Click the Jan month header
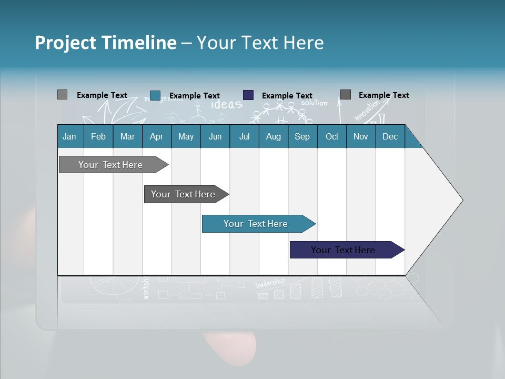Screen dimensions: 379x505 pyautogui.click(x=69, y=136)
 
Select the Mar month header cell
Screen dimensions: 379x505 pyautogui.click(x=127, y=136)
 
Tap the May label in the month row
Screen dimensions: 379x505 pyautogui.click(x=186, y=136)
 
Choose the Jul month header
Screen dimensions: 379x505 pyautogui.click(x=244, y=136)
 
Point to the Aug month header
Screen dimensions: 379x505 pyautogui.click(x=273, y=136)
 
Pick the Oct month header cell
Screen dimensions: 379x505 pyautogui.click(x=332, y=136)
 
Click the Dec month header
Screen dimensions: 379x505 pyautogui.click(x=390, y=136)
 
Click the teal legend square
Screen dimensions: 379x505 pyautogui.click(x=155, y=95)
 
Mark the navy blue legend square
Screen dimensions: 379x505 pyautogui.click(x=248, y=95)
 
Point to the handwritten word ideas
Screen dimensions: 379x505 pyautogui.click(x=227, y=104)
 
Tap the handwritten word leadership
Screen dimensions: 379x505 pyautogui.click(x=270, y=283)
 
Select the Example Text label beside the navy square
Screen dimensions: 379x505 pyautogui.click(x=287, y=96)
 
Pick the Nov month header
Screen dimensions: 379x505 pyautogui.click(x=361, y=136)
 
